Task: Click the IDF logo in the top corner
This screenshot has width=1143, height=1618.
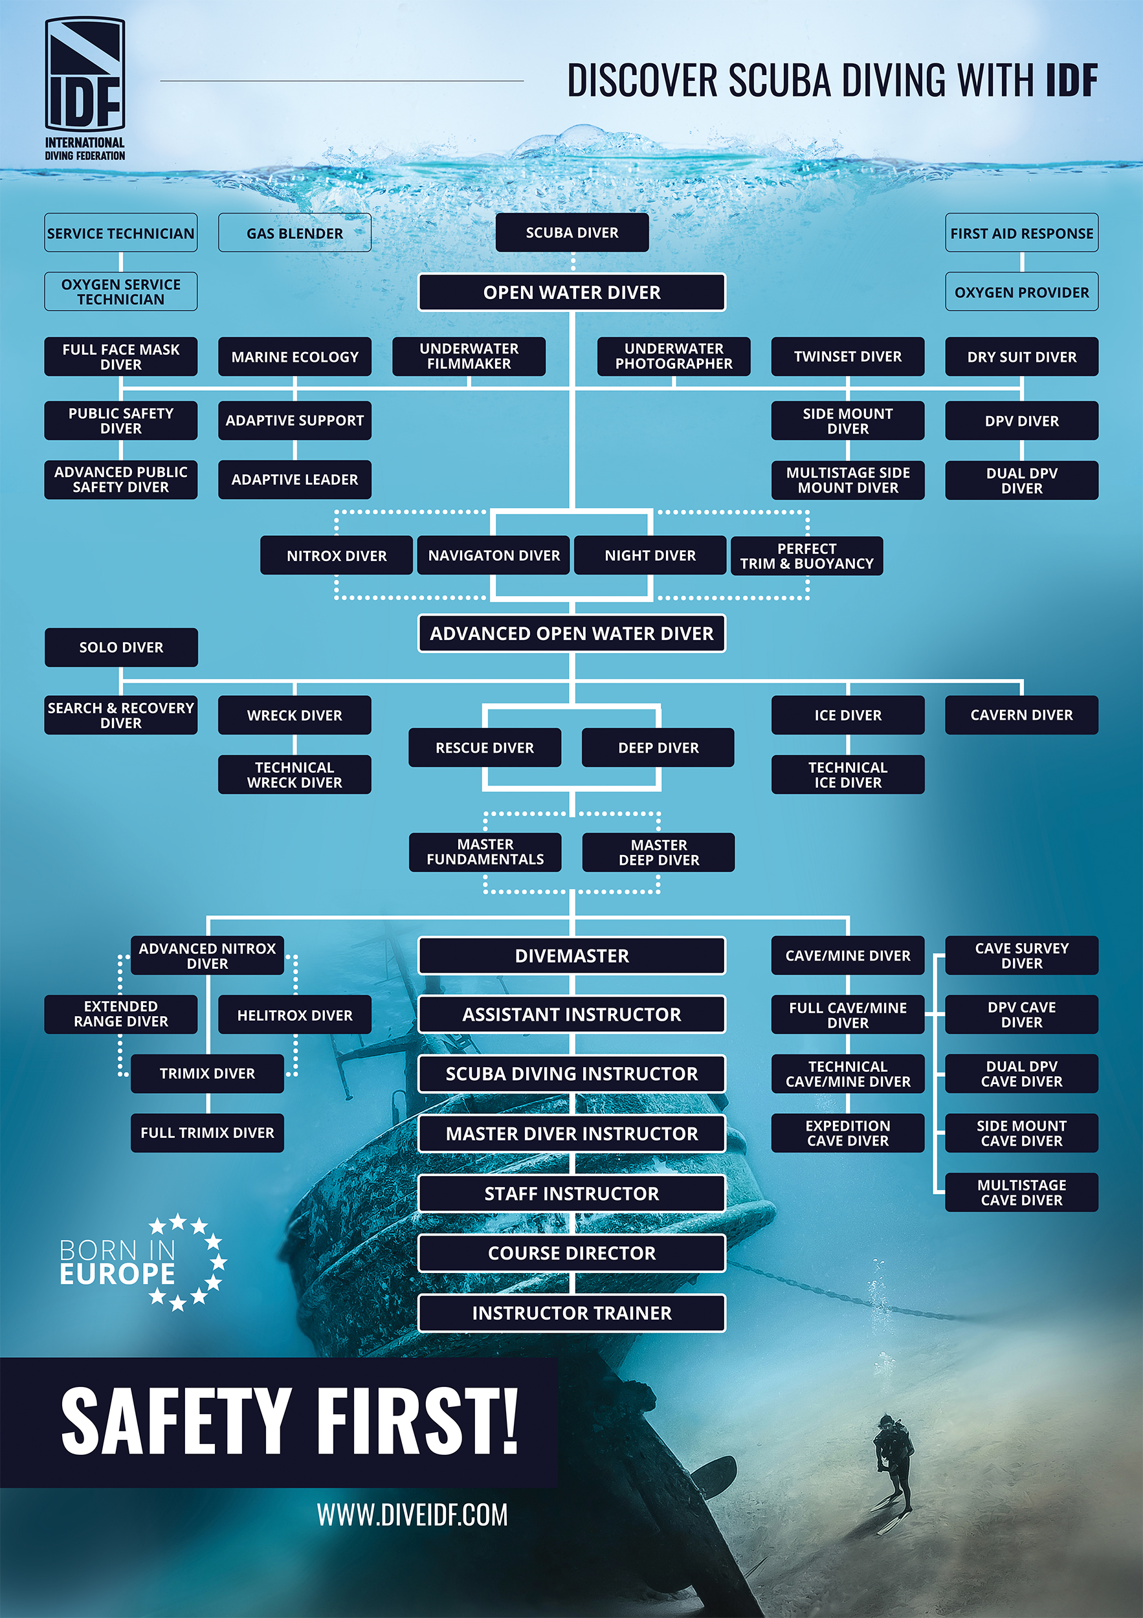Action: [x=85, y=88]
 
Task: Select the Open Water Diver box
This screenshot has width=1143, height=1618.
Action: [x=571, y=293]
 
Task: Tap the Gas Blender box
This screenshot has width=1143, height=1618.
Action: [x=294, y=233]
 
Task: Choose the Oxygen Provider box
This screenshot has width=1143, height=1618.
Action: [x=1021, y=293]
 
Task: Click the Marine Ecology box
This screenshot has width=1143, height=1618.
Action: [x=294, y=357]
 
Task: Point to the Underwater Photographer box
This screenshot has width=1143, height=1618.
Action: [x=674, y=357]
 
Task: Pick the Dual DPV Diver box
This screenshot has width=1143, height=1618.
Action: [x=1021, y=481]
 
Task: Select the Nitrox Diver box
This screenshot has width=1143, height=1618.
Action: [x=336, y=556]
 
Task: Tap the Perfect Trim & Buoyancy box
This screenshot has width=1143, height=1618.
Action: [x=806, y=556]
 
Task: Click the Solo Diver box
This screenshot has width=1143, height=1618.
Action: [x=121, y=648]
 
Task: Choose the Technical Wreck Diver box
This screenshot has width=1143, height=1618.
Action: [x=294, y=775]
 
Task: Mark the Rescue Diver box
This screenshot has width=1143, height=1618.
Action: [x=485, y=748]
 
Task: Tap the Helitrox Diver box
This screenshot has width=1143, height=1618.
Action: [x=294, y=1015]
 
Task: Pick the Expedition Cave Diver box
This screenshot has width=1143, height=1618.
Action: [x=848, y=1133]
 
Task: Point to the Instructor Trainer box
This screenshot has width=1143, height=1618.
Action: [x=571, y=1314]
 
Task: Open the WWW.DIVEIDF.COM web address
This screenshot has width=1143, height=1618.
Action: [x=412, y=1515]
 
